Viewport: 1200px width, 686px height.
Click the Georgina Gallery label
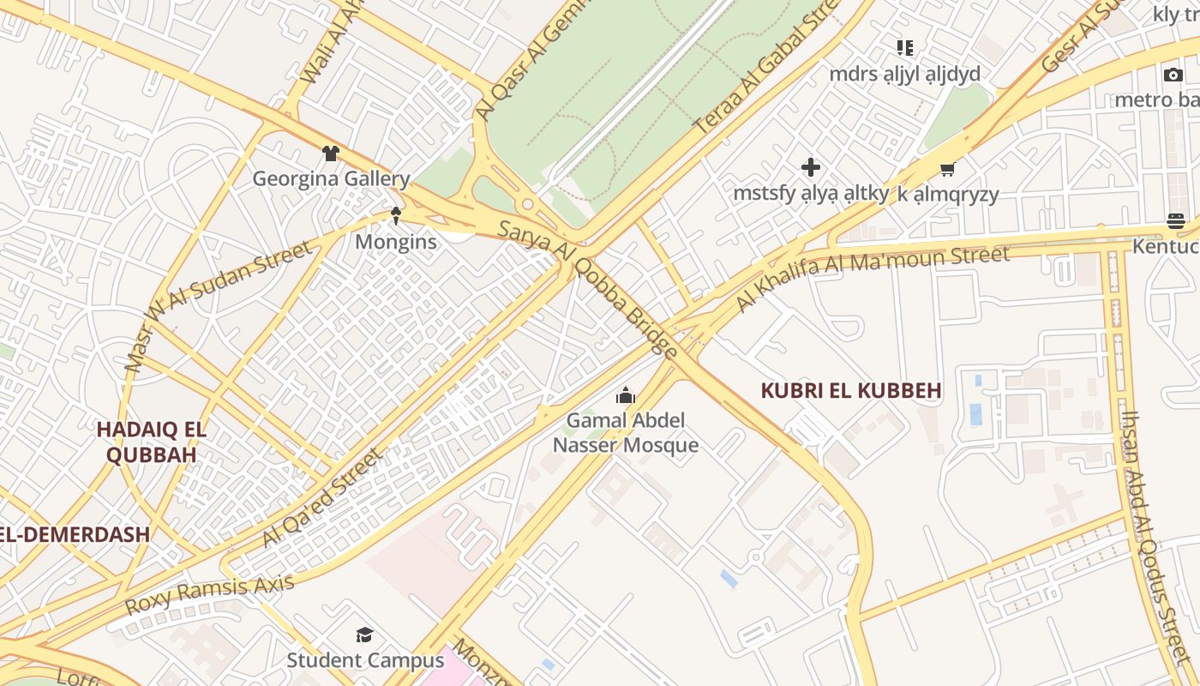click(331, 179)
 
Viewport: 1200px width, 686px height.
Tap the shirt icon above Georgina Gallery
click(331, 153)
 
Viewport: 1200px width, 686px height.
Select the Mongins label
click(396, 242)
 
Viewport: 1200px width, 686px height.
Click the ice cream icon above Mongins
click(396, 215)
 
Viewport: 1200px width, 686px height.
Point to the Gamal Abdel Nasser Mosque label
click(626, 432)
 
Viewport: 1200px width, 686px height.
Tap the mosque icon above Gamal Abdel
click(626, 395)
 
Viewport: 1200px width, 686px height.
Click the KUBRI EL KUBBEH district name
click(851, 390)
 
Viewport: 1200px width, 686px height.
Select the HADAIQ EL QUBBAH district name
click(152, 442)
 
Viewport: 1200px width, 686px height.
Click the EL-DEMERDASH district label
click(75, 534)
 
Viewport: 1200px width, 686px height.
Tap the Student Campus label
click(365, 660)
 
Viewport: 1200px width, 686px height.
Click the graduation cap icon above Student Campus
click(365, 635)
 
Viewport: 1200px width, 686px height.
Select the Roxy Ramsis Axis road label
click(210, 594)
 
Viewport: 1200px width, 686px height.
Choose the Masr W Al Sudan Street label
click(219, 305)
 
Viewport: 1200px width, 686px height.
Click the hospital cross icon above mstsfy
click(810, 167)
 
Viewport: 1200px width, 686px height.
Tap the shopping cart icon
click(947, 169)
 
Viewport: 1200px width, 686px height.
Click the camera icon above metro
click(1173, 75)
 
